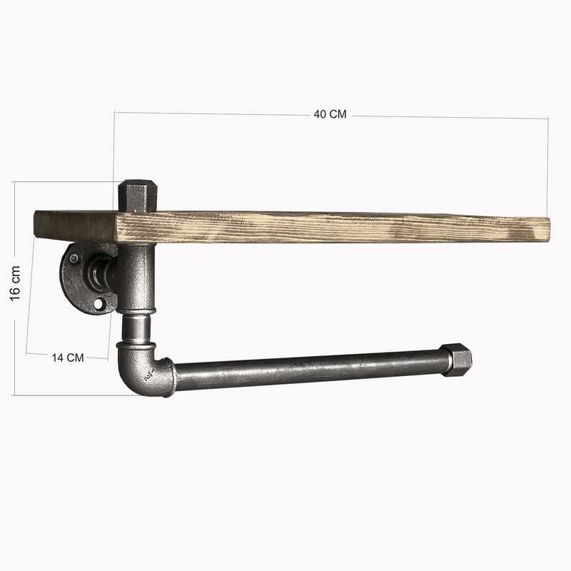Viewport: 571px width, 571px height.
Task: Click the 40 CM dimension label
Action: tap(330, 115)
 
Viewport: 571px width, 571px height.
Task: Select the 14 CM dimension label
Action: tap(68, 357)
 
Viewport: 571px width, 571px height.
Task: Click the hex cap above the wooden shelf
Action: tap(133, 196)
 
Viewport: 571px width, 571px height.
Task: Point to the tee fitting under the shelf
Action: tap(136, 278)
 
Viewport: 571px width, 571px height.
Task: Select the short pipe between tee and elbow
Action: tap(135, 328)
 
